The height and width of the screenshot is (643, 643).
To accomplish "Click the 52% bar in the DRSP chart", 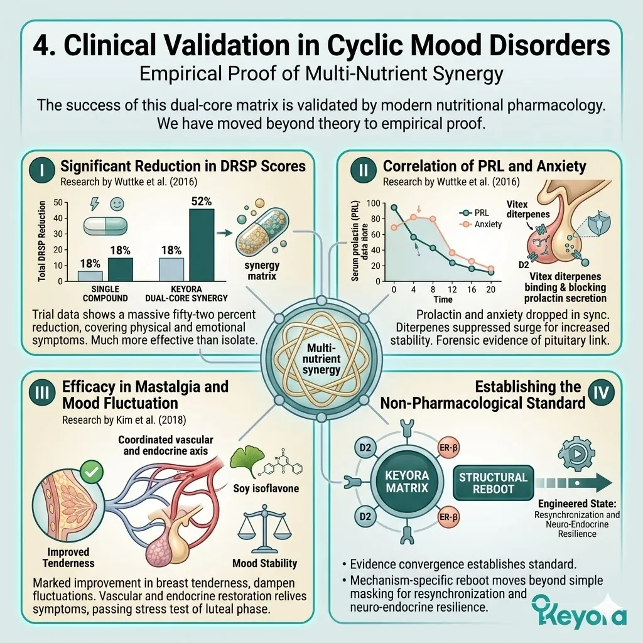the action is pos(202,245).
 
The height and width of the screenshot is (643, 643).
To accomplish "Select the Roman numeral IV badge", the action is pos(601,392).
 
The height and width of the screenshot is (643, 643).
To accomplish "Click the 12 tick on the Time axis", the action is pos(452,289).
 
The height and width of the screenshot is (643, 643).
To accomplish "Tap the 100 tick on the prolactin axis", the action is pos(373,203).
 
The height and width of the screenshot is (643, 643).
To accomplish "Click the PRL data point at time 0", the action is pos(394,207).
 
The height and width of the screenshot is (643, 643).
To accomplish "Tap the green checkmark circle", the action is pos(92,472).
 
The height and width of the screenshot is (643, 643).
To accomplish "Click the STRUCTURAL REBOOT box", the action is pos(493,483).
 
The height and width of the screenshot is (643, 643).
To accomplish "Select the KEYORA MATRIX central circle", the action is pos(407,482).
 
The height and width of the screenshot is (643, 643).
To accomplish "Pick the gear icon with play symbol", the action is pos(577,453).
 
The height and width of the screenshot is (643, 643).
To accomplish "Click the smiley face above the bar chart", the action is pos(117,204).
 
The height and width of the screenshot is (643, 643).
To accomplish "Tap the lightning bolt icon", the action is pos(95,204).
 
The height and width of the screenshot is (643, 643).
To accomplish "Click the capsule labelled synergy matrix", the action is pos(262,232).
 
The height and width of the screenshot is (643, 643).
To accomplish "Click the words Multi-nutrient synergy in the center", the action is pos(321,359).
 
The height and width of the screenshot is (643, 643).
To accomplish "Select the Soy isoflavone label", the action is pos(266,489).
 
